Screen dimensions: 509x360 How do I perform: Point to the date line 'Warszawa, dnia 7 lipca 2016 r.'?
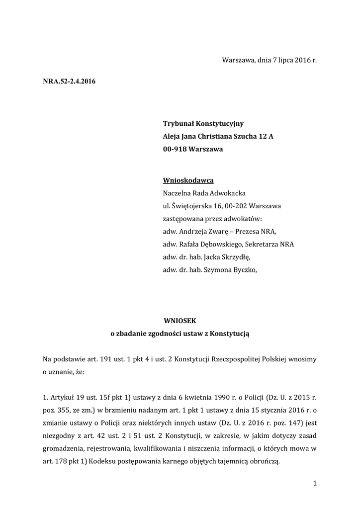point(269,61)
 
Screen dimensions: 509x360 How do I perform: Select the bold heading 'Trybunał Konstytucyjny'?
point(203,124)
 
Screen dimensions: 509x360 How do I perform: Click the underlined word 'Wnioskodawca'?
point(188,181)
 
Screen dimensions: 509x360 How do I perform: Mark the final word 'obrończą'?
point(265,461)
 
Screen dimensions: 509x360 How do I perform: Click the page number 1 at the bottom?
point(315,483)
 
